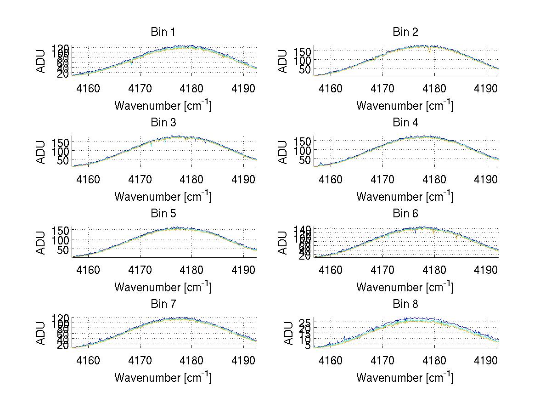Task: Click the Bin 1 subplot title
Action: [x=163, y=32]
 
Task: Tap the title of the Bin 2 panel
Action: [x=405, y=32]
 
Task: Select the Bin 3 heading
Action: [x=163, y=123]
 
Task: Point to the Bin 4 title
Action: [x=405, y=123]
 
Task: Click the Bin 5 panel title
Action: [x=163, y=213]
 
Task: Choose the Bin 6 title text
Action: [x=405, y=213]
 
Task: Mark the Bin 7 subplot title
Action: [x=163, y=304]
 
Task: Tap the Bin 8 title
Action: [x=405, y=304]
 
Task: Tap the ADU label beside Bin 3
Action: [x=41, y=152]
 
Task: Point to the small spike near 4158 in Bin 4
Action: [x=320, y=163]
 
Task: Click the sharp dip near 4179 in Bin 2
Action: [x=429, y=51]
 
